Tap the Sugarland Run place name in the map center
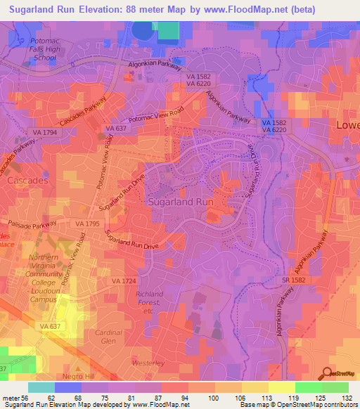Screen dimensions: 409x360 (180, 201)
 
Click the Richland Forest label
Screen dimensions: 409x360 (149, 298)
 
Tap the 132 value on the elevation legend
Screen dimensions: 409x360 (347, 397)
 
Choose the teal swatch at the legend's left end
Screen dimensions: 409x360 (41, 387)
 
